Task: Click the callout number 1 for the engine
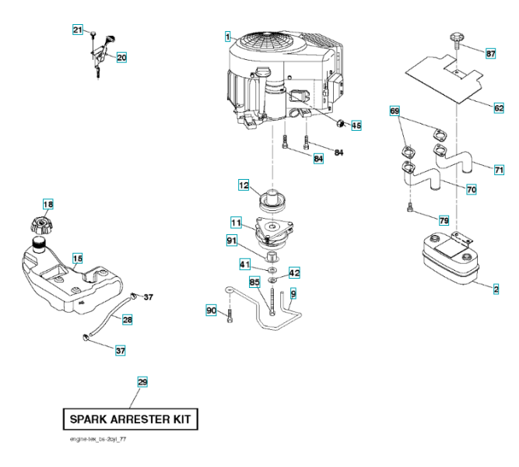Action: pos(227,36)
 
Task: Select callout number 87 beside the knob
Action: pos(490,54)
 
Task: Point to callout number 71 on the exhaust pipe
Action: pos(499,169)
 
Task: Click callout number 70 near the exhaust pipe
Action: pos(472,189)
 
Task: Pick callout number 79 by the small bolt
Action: pos(444,220)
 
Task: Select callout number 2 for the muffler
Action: pos(496,290)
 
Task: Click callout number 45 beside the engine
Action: pos(356,125)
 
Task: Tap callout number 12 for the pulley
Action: pos(244,185)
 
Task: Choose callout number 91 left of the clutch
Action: pos(232,241)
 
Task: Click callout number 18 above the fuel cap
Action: pos(48,205)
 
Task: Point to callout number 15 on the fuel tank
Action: pos(77,258)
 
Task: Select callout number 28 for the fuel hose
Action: pos(127,319)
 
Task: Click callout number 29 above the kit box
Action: pos(142,381)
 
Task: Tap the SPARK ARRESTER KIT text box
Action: pos(131,419)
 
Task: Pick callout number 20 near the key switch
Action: pos(121,57)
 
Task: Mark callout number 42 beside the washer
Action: pos(294,273)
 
